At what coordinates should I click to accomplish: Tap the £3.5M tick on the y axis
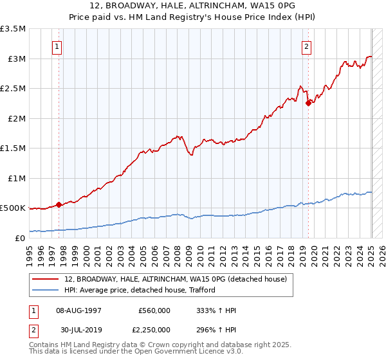[x=13, y=29]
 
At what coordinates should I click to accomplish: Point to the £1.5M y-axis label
[x=13, y=148]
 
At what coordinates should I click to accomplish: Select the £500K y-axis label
[x=13, y=208]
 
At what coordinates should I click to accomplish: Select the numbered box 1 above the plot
[x=58, y=46]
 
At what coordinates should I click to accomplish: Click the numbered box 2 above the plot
[x=307, y=46]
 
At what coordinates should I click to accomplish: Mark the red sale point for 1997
[x=59, y=204]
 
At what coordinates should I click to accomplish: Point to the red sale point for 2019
[x=308, y=103]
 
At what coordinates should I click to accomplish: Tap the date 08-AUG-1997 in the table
[x=78, y=310]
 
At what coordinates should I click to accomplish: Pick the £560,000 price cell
[x=154, y=310]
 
